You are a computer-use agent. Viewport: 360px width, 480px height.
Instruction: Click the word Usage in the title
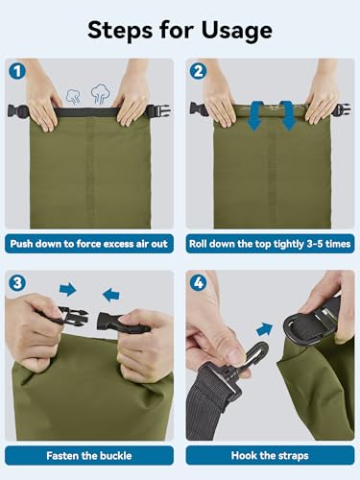click(237, 31)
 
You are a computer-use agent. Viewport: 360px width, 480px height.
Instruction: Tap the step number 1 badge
click(17, 71)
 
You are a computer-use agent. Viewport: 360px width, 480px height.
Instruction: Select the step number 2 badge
click(199, 71)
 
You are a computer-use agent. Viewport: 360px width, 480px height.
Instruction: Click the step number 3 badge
click(17, 283)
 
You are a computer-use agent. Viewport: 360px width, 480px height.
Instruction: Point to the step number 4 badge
click(199, 283)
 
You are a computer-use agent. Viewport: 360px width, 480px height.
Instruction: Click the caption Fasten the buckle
click(89, 456)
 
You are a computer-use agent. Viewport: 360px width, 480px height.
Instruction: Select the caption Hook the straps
click(270, 456)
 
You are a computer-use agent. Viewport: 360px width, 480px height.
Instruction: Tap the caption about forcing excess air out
click(89, 244)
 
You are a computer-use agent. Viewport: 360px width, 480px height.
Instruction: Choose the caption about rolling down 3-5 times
click(270, 244)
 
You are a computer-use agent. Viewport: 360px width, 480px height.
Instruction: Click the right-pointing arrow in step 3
click(68, 290)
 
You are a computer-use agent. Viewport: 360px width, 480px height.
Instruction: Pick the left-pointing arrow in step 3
click(111, 295)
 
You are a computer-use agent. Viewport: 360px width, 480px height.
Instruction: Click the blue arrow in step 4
click(264, 329)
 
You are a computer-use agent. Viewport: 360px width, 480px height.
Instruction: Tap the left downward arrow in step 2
click(254, 115)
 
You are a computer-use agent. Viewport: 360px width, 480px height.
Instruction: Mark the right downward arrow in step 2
click(287, 115)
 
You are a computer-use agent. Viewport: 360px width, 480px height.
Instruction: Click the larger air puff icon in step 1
click(101, 94)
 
